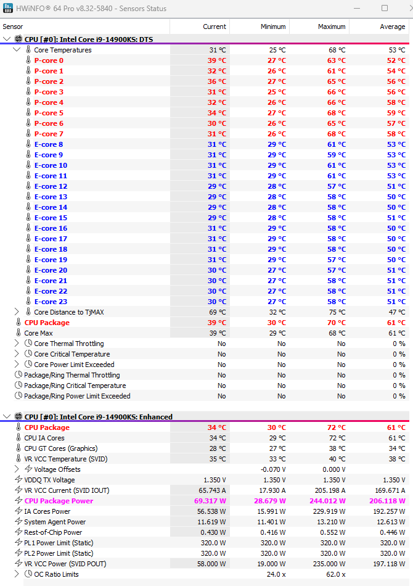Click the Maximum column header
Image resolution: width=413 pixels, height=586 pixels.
[x=332, y=27]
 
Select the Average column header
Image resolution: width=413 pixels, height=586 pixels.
[x=393, y=27]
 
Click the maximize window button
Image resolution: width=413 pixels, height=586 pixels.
[x=385, y=9]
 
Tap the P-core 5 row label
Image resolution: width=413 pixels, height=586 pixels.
[x=49, y=113]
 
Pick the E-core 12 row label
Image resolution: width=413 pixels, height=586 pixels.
[x=51, y=186]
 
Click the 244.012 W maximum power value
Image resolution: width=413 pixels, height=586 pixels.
[x=328, y=501]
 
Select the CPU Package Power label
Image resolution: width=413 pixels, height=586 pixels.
[x=59, y=501]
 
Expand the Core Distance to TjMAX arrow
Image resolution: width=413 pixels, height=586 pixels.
[x=17, y=312]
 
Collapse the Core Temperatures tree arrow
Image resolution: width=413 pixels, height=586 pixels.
[x=17, y=50]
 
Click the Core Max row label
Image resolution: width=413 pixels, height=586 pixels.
[x=38, y=333]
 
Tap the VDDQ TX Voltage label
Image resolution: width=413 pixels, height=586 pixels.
[x=49, y=480]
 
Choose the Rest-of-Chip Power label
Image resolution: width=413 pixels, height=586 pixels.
[x=53, y=532]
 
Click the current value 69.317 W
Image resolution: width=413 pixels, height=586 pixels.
[x=210, y=501]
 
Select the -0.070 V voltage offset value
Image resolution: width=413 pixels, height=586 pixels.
[x=272, y=469]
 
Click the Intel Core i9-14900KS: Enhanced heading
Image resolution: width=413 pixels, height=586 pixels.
[x=99, y=417]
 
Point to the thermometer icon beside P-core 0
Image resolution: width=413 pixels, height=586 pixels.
[x=28, y=60]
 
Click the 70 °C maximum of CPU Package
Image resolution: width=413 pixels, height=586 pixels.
[x=336, y=323]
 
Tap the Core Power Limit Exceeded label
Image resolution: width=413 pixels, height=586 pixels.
[x=74, y=365]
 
